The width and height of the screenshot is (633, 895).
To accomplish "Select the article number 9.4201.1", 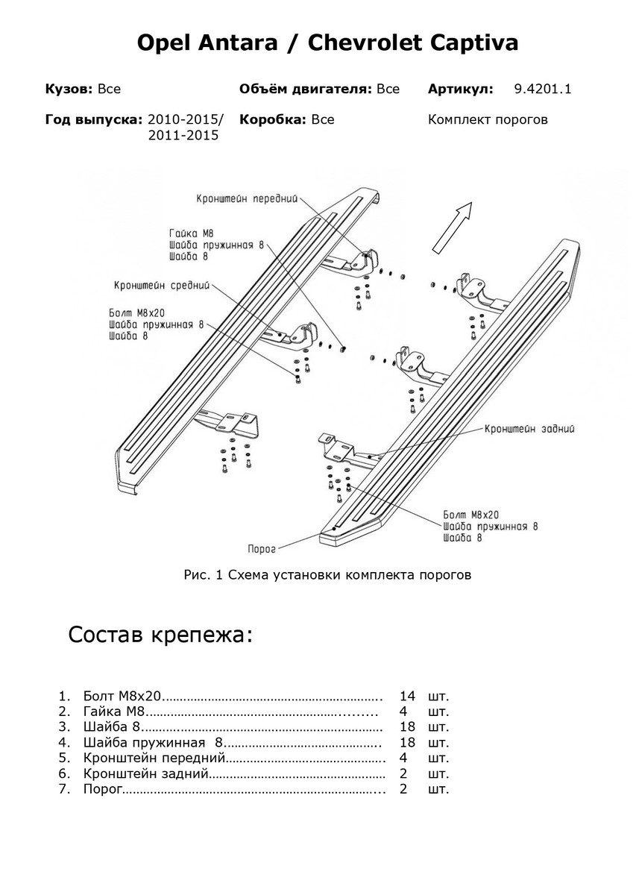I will pos(542,89).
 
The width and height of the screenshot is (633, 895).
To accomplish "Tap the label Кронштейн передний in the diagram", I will pos(247,199).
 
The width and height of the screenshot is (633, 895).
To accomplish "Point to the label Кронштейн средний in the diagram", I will pos(162,285).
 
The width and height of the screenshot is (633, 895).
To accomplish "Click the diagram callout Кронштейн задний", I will pos(529,430).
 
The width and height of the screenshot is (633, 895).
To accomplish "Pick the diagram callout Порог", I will pos(262,549).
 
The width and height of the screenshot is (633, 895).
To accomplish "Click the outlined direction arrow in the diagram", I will pos(453,227).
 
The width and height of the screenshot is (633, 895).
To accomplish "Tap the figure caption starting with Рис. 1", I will pos(327,575).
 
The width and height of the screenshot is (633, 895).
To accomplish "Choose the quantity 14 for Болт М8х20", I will pos(407,697).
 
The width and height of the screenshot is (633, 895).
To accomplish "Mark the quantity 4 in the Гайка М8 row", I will pos(403,712).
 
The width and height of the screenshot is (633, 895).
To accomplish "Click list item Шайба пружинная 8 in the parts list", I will pos(153,743).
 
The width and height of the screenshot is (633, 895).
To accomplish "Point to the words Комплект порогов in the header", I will pos(488,119).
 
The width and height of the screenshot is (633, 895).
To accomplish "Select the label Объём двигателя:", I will pos(305,89).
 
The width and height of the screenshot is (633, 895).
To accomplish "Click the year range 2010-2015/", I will pos(186,119).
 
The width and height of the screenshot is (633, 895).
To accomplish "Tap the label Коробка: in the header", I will pos(272,119).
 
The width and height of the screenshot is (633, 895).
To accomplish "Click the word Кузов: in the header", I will pos(69,89).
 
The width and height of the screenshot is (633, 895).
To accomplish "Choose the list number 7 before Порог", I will pos(64,789).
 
